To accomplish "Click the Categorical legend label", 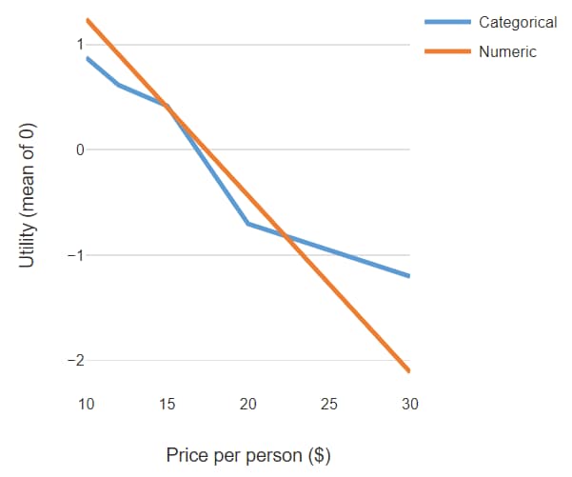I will [x=518, y=22].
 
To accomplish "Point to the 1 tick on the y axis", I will [x=77, y=44].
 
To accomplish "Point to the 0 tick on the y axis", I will [x=77, y=149].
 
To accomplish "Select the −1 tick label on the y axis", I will [x=73, y=255].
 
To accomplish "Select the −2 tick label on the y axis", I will [x=73, y=361].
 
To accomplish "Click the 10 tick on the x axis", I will [x=87, y=405].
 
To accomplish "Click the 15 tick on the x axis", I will [x=168, y=405].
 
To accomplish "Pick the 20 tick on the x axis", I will [x=248, y=405].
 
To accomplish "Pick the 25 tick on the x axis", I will [x=329, y=405].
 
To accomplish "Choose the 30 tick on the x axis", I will [x=410, y=405].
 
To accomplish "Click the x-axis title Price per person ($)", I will [x=248, y=455].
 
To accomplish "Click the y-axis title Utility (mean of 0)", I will [x=29, y=195].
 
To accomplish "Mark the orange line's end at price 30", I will [x=409, y=370].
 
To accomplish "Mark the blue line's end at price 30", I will [x=409, y=276].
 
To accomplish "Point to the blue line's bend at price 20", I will [x=248, y=224].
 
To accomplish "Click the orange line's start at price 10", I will [x=87, y=20].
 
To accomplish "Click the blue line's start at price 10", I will [x=87, y=58].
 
